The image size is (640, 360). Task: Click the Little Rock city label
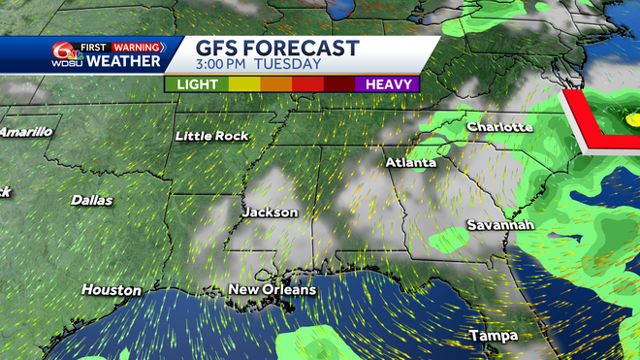pos(211,137)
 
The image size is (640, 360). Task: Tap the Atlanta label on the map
pos(409,162)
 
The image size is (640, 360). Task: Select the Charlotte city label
pos(499,127)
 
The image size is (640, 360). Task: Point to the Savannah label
pos(499,225)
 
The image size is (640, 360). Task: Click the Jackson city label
pos(270,212)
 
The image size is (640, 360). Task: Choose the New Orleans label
pos(272,290)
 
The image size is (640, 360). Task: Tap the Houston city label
pos(111,290)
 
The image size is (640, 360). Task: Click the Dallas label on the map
pos(91,200)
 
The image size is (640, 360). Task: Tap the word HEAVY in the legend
pos(392,84)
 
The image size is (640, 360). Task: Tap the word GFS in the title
pos(216,49)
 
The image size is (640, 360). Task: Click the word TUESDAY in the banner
pos(288,65)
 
